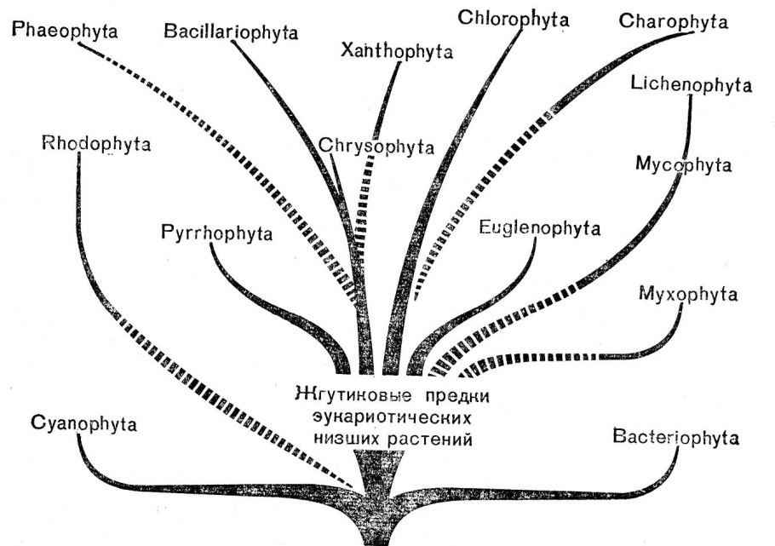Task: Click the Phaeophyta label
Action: coord(65,32)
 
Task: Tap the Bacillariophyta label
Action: coord(232,32)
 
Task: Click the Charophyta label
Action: coord(674,21)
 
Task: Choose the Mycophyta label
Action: coord(684,164)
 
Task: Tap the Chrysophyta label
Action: coord(377,146)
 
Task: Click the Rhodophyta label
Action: coord(95,143)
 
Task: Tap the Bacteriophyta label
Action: coord(675,438)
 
